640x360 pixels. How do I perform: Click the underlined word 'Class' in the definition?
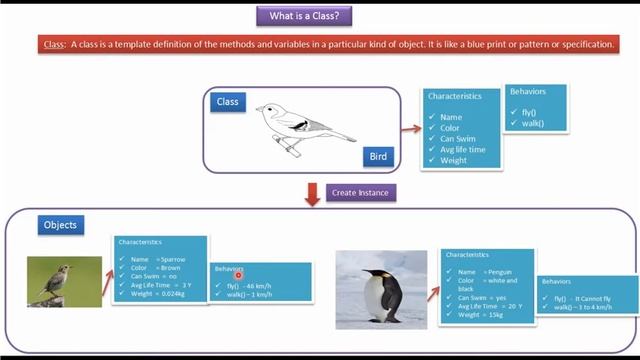(x=54, y=45)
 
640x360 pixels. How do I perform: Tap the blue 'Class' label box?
(x=228, y=102)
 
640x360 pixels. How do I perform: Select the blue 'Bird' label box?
(x=378, y=157)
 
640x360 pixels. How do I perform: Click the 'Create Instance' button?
(x=359, y=191)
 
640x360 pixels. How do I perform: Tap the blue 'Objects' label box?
(x=59, y=225)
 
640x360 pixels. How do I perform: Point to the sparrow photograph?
(x=64, y=281)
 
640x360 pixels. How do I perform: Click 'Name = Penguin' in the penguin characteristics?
(x=483, y=271)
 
